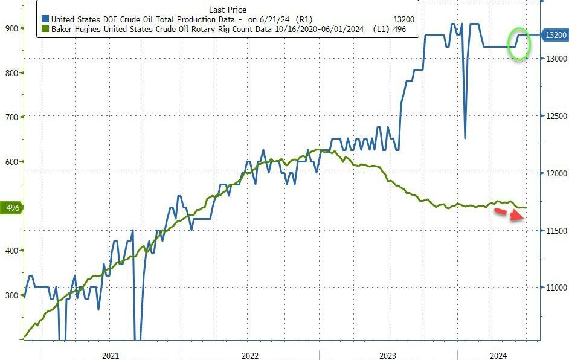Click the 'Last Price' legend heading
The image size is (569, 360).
pos(227,10)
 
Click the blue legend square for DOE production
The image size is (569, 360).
pos(45,19)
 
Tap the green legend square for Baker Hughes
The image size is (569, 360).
pos(45,28)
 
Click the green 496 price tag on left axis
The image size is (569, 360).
pos(11,208)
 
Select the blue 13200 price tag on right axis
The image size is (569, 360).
pos(555,36)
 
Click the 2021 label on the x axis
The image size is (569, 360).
pos(111,356)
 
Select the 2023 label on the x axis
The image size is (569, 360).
pos(388,356)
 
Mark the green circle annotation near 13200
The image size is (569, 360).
pos(519,43)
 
